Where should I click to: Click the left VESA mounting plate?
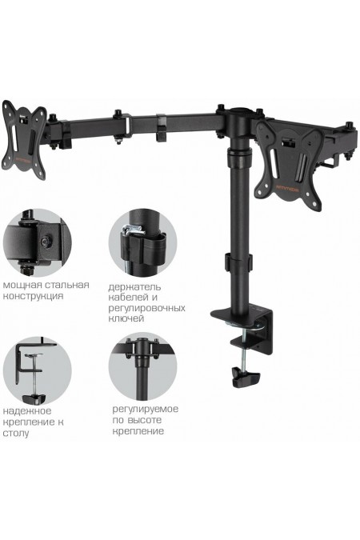point(24,140)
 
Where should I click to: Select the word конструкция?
point(33,296)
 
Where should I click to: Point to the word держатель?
point(134,287)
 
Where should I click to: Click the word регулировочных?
point(146,308)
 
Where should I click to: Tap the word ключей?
point(126,318)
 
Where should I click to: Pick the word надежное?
point(27,411)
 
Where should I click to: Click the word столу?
point(16,433)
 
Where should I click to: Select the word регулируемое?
point(146,409)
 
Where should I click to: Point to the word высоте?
point(144,420)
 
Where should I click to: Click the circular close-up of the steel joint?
point(38,242)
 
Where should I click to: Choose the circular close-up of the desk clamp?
point(38,371)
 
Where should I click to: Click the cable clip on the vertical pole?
point(238,262)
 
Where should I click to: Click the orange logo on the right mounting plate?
point(289,188)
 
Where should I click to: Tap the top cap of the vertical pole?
point(239,111)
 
